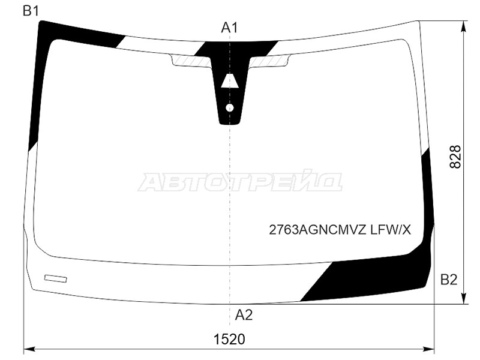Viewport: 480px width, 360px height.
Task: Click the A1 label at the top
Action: coord(230,27)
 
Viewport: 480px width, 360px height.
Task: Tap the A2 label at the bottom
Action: coord(244,314)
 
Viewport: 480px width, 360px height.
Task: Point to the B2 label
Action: coord(449,279)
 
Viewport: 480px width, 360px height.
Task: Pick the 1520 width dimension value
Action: coord(230,339)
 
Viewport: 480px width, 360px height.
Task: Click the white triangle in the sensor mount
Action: coord(227,82)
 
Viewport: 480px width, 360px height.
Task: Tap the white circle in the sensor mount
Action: coord(229,108)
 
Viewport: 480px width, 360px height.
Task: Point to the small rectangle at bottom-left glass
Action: coord(56,278)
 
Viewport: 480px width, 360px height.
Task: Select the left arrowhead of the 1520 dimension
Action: coord(28,348)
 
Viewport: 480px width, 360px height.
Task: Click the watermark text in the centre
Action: coord(240,181)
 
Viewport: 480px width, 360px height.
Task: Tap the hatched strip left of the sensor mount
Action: coord(191,60)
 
